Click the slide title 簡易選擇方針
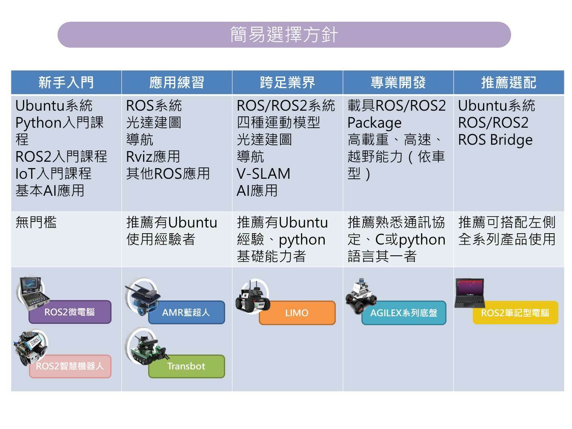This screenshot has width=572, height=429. coord(284,35)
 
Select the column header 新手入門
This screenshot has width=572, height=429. coord(66,82)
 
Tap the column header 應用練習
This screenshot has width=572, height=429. coord(177,82)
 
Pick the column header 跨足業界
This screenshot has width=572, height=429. coord(287,82)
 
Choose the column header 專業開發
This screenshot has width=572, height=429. coord(398,82)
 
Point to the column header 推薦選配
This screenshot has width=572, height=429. coord(509,82)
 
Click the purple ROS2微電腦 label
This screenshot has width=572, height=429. coord(70,312)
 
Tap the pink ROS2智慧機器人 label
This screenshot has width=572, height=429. coord(70,366)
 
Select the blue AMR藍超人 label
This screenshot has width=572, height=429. coord(186,312)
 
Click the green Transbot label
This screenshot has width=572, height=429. coord(186,366)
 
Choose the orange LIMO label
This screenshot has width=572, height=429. coord(297,313)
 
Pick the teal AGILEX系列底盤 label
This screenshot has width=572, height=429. coord(404,313)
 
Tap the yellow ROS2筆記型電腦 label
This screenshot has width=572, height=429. coord(515,313)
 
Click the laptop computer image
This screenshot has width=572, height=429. coord(469,293)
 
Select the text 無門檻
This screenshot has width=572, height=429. coord(36,222)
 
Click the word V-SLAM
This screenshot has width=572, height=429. coord(263,174)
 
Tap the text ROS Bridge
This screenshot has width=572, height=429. coord(495,140)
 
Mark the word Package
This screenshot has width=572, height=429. coord(374,123)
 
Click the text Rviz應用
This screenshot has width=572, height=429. coord(153,157)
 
